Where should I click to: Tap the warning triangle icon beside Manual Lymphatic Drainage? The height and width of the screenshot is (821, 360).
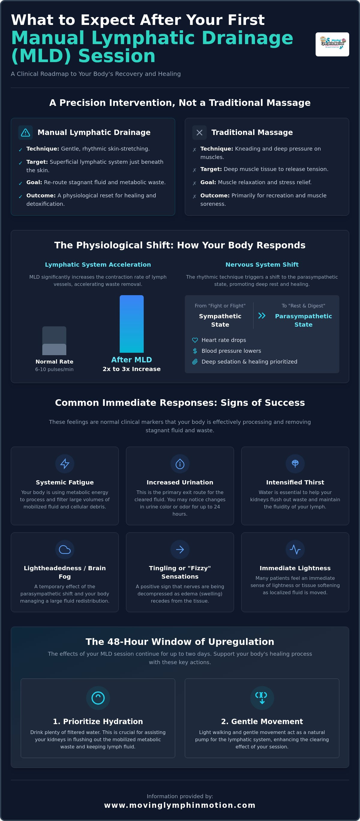25,133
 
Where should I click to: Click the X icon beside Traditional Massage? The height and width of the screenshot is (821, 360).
199,133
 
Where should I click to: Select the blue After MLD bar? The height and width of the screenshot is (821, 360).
131,324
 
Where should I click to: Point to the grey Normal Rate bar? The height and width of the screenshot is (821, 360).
54,341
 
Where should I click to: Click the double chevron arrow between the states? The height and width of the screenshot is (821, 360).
262,316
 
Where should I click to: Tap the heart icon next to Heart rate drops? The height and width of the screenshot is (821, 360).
195,340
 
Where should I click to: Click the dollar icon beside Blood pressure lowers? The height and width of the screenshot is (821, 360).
195,351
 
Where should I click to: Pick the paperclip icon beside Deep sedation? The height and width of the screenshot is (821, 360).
195,362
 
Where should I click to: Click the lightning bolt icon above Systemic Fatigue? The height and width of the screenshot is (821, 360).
65,464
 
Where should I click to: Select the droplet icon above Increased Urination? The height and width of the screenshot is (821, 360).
180,464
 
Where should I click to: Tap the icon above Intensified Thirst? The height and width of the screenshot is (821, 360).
295,463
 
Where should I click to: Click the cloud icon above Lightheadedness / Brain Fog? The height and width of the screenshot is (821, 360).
65,550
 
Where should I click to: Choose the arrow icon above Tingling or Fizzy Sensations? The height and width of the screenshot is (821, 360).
180,550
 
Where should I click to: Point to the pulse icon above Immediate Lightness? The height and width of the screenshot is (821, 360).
295,550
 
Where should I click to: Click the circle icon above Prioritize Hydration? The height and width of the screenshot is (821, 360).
98,698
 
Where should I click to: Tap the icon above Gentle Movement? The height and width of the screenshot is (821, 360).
262,698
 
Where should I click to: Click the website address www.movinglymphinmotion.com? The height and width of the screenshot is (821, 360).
180,805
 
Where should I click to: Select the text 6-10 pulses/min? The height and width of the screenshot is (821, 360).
54,369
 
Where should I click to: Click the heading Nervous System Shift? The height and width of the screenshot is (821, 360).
262,265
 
